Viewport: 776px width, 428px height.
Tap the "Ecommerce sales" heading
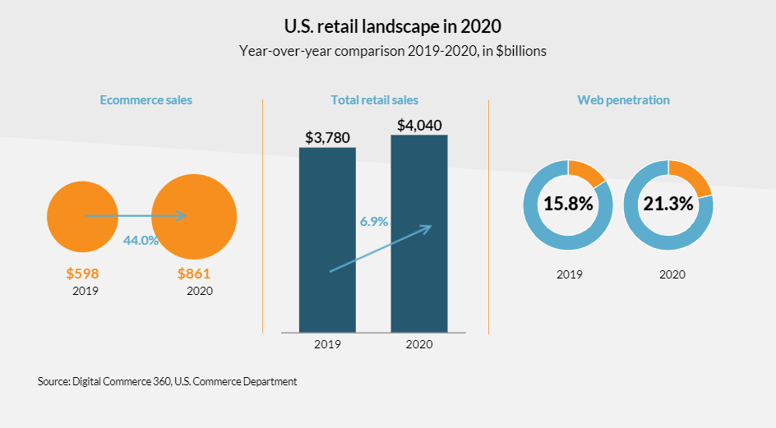146,100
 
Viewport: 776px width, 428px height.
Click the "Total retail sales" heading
374,100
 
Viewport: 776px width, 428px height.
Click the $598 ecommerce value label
82,274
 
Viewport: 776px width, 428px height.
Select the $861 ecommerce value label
194,274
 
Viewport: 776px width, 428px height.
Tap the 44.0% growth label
141,240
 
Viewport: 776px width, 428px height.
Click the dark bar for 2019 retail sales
327,246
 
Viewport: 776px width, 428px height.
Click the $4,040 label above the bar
419,126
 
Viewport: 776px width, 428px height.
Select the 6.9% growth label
374,222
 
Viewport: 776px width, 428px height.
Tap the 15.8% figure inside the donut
568,205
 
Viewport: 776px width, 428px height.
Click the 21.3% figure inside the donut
668,205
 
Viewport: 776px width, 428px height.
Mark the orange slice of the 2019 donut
587,171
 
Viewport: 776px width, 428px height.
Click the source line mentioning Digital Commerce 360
167,382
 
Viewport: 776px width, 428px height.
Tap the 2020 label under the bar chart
419,344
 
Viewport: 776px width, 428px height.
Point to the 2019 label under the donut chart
568,274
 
